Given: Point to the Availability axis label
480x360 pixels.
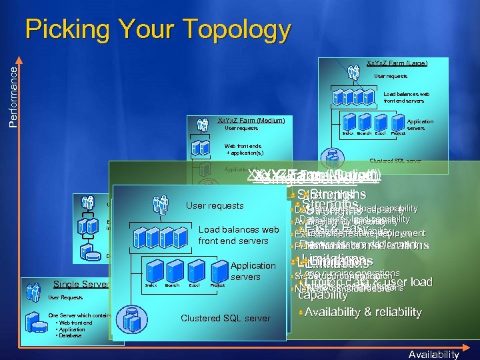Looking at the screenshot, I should pos(434,354).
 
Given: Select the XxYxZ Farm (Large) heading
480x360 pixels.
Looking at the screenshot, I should pos(397,63).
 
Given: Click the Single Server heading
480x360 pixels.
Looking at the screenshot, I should pos(81,285).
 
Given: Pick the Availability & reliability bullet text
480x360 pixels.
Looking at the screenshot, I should pos(363,312).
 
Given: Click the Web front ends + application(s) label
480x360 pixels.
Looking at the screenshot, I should pos(243,149).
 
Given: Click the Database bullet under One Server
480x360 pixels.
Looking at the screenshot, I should pos(69,335).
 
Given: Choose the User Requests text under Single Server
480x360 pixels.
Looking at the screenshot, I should pos(65,297).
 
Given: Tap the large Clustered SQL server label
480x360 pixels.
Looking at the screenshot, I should pos(225,318).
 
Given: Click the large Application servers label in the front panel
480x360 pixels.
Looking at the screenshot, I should pos(253,271).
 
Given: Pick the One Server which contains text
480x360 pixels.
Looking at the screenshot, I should pos(80,315).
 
